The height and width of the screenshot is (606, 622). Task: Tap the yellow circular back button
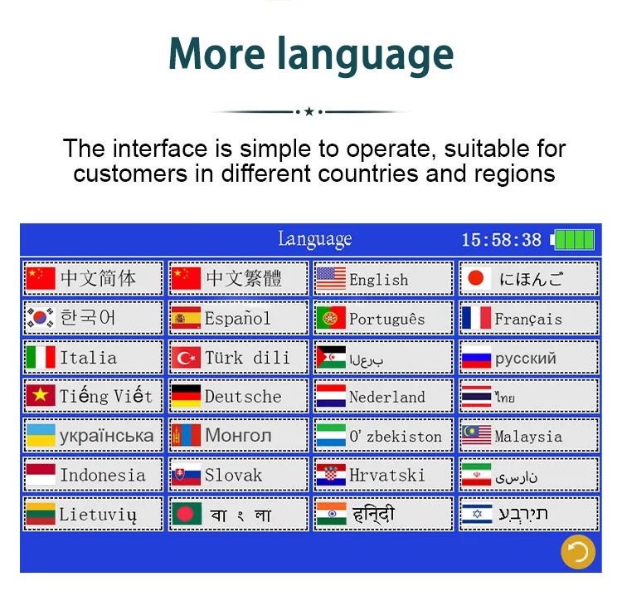[577, 551]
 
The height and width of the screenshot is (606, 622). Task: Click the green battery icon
[572, 240]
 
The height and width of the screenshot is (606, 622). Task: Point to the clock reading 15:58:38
[502, 240]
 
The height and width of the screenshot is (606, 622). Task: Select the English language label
[378, 280]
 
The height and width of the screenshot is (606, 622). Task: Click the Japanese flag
[476, 278]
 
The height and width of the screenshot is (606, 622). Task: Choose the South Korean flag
[40, 318]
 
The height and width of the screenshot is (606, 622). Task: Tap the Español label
[238, 319]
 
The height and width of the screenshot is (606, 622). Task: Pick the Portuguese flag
[331, 318]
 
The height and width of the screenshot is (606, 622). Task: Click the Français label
[528, 320]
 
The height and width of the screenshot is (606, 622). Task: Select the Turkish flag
[186, 358]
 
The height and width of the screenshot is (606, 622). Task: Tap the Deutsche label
[243, 396]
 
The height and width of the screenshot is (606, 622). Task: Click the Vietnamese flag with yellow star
[40, 395]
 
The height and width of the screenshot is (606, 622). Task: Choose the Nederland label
[387, 397]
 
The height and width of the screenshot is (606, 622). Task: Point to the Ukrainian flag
[40, 435]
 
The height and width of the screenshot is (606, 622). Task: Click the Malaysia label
[528, 437]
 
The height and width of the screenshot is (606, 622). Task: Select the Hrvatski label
[387, 475]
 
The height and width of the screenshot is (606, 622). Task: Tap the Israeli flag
[477, 514]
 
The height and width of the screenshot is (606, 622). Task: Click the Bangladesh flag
[187, 514]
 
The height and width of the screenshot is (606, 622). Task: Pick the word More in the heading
[217, 55]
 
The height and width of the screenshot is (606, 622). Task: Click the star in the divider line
[309, 111]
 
